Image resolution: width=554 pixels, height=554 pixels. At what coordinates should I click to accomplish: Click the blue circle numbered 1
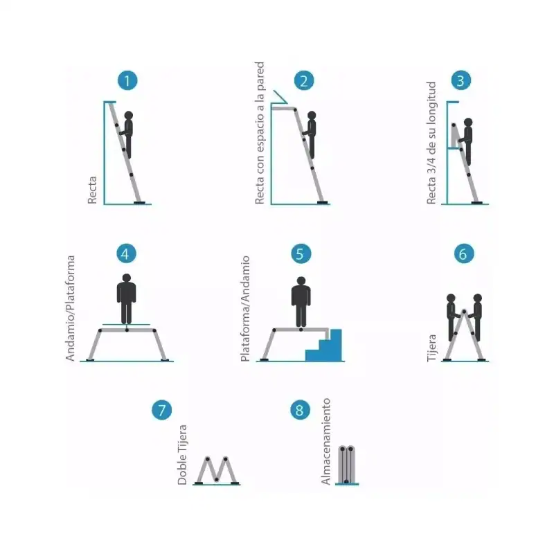127,80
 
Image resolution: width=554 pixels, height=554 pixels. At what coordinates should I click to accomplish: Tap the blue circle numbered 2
304,80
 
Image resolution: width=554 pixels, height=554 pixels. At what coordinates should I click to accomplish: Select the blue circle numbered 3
461,80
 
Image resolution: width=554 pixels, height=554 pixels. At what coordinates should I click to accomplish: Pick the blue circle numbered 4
126,253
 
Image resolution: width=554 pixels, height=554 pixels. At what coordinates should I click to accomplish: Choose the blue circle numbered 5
301,253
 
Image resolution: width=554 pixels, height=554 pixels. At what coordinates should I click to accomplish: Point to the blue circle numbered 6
464,253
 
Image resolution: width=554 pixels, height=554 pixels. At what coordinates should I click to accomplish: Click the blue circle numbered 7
162,410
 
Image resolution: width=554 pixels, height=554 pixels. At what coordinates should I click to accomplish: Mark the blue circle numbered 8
300,410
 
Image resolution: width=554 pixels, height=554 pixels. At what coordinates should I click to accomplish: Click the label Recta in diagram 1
92,190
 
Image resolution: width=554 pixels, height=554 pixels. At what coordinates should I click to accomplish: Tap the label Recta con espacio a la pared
260,133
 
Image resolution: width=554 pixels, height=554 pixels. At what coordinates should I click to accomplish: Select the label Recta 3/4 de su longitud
431,143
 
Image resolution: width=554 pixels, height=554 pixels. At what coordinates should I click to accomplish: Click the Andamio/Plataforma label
71,308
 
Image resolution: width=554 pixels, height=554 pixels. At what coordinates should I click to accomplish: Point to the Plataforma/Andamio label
245,308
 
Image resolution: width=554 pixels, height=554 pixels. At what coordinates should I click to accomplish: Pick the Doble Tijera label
182,455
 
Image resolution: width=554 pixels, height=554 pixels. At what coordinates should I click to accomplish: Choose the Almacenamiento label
325,441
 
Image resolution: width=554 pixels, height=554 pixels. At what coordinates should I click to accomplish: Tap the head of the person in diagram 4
127,278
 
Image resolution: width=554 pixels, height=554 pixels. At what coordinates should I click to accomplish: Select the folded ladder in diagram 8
347,465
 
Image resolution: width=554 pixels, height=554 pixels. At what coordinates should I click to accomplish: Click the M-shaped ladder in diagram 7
217,470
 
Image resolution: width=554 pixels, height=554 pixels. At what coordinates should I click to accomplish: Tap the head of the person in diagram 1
129,116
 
